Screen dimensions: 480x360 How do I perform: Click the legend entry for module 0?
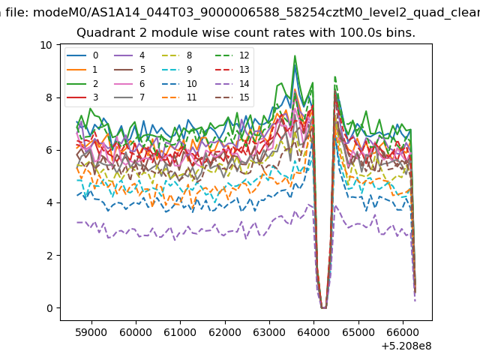tap(82, 55)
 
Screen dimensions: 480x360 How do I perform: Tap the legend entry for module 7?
tap(130, 97)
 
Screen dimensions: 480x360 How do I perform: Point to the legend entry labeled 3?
tap(82, 97)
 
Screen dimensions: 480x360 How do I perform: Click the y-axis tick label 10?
tap(46, 45)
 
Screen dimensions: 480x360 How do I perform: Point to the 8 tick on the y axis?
tap(49, 97)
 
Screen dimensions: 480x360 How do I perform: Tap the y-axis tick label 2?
tap(49, 255)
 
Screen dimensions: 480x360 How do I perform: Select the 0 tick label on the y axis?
tap(49, 308)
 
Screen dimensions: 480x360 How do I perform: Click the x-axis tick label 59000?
tap(91, 332)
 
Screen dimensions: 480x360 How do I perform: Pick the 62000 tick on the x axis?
tap(225, 332)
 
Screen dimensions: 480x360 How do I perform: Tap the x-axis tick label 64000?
tap(313, 332)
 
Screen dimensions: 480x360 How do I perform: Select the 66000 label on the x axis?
tap(403, 332)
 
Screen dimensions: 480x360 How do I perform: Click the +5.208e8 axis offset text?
tap(406, 346)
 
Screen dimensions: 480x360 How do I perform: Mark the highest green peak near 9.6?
tap(295, 55)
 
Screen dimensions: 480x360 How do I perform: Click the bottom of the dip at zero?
tap(323, 307)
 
